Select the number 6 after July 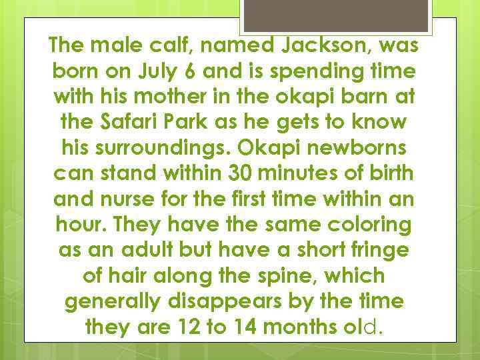coord(207,71)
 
